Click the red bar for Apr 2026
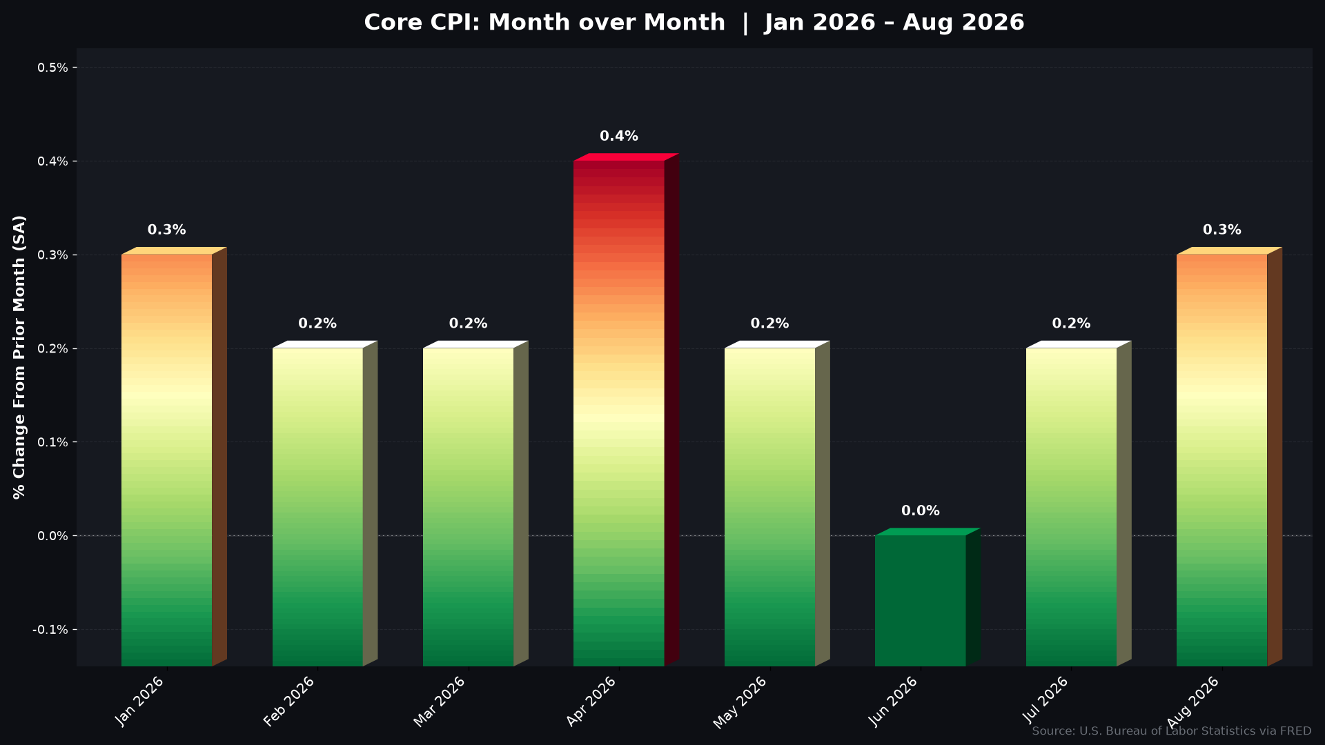619,413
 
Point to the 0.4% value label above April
619,137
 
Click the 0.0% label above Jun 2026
921,511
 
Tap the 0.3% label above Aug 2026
1222,230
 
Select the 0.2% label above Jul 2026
1071,324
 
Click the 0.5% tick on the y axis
52,68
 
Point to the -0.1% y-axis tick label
50,630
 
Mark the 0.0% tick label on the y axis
52,536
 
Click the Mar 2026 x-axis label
440,702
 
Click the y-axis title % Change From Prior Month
19,357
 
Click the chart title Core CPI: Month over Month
544,23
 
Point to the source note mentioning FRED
1172,731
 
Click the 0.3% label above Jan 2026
167,230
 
